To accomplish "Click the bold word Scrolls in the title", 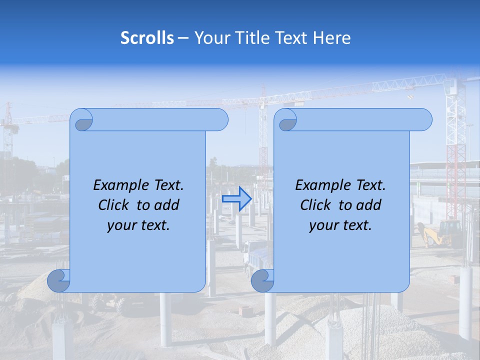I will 147,38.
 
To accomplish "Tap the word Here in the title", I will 331,38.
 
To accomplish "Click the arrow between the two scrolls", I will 236,198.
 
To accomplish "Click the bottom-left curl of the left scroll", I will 59,280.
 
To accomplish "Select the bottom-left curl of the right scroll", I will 263,280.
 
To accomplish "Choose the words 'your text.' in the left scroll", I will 138,225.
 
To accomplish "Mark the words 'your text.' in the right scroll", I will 340,225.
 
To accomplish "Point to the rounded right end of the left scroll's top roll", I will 220,120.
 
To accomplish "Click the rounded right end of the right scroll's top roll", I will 424,120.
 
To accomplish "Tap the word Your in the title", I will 210,38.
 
